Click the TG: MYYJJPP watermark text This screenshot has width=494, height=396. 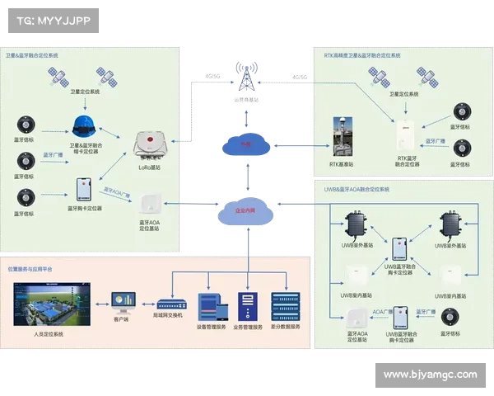point(52,21)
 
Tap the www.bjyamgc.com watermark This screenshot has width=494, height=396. point(430,375)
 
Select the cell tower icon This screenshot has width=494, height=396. point(245,76)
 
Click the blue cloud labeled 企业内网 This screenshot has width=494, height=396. point(245,212)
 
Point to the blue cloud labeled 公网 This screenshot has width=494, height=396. point(245,144)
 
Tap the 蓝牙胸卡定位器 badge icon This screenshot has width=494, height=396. point(84,190)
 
